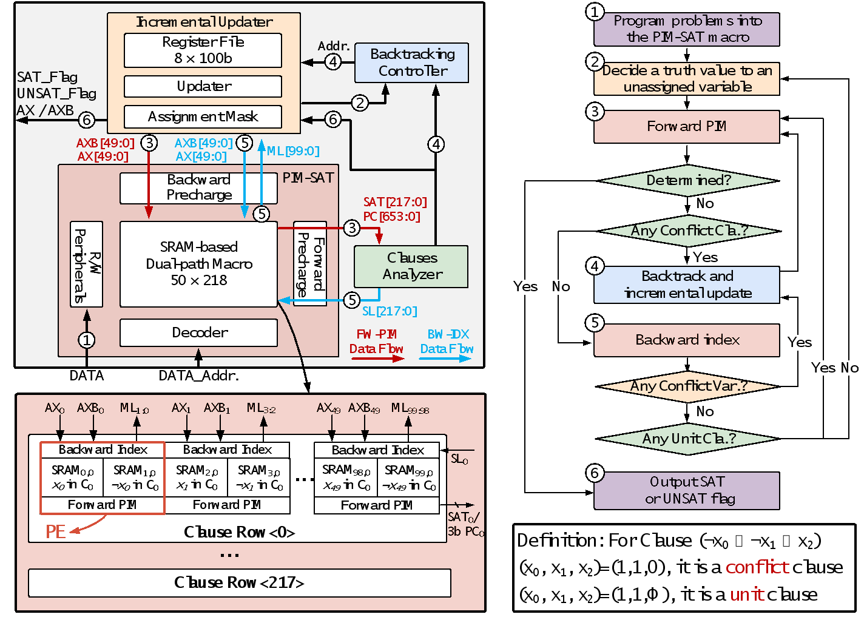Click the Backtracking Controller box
click(411, 62)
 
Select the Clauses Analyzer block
click(411, 266)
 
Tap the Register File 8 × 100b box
click(203, 50)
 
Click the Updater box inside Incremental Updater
click(203, 86)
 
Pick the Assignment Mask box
click(203, 116)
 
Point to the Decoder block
click(198, 332)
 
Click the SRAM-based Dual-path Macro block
click(198, 264)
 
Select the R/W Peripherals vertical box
click(87, 265)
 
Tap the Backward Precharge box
click(198, 188)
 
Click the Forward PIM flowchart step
click(686, 126)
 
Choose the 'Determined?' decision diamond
click(688, 180)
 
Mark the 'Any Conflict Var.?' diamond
click(688, 386)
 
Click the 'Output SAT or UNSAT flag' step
click(686, 490)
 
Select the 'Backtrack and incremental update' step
click(686, 285)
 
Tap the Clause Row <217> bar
click(239, 583)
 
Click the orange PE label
click(55, 532)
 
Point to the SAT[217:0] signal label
click(395, 202)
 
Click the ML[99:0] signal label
click(293, 151)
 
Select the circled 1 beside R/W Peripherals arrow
click(87, 340)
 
